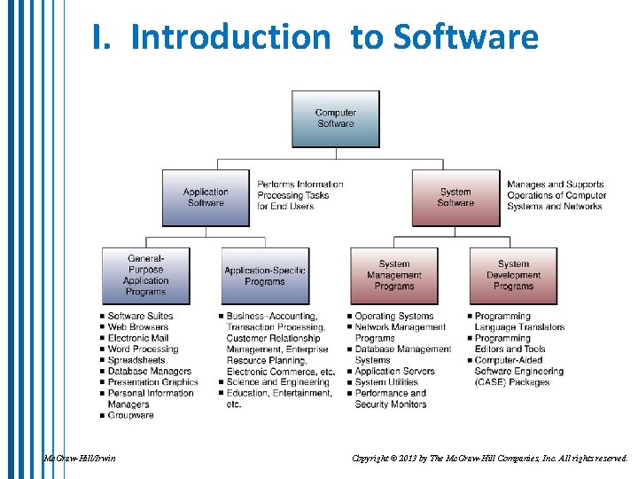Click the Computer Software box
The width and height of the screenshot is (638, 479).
(336, 119)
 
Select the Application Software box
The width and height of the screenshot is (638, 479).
(206, 198)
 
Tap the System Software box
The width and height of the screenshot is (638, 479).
(455, 198)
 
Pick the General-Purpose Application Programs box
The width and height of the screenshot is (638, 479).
(145, 275)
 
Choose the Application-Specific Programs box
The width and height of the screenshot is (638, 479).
(265, 276)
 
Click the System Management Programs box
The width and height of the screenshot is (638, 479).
(394, 275)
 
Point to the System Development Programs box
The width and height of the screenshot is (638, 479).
(513, 275)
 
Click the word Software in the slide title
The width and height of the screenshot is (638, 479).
(466, 37)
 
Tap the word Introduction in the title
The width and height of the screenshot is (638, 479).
(230, 37)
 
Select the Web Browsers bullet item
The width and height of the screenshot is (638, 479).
(137, 327)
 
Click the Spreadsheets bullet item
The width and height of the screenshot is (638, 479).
(136, 360)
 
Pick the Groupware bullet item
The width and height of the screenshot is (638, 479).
(130, 415)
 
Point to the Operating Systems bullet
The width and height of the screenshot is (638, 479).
(394, 317)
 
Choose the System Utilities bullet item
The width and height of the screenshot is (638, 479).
(386, 382)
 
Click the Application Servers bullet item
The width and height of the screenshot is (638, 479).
(394, 372)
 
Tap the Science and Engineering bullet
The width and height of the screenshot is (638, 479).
(265, 382)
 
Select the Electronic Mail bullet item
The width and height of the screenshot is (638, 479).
(137, 338)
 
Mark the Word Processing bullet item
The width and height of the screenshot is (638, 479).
(143, 349)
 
